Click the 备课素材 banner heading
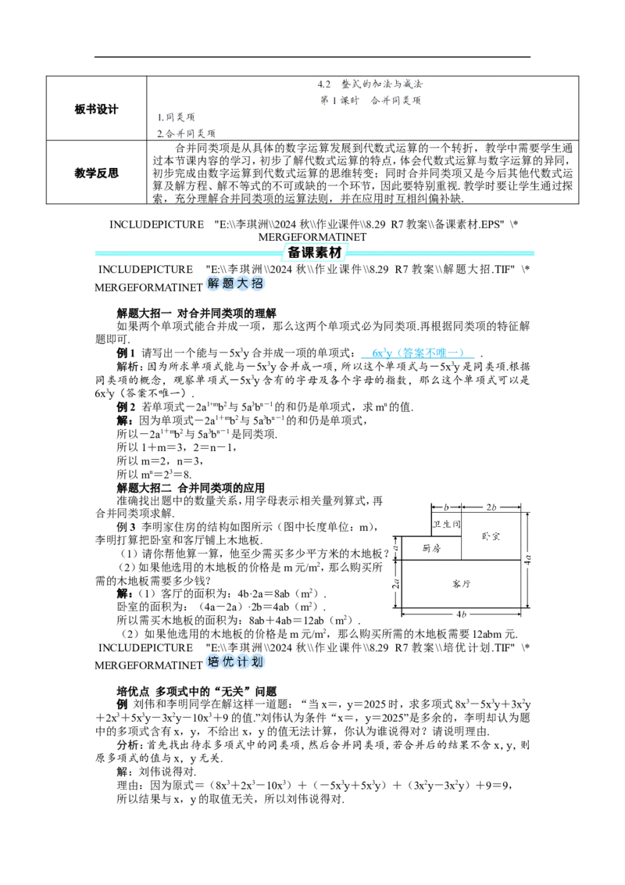[316, 252]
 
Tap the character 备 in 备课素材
[294, 252]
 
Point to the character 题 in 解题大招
[228, 284]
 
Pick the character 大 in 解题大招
[244, 284]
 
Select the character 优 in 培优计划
[228, 662]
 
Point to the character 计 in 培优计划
[244, 662]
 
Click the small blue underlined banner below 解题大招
[416, 355]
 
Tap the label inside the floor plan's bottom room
[462, 582]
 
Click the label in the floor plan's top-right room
[491, 536]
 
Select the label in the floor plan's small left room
[429, 550]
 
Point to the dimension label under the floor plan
[462, 614]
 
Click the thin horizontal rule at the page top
[324, 78]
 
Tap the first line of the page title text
[371, 84]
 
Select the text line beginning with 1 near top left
[178, 117]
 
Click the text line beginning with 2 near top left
[187, 133]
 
